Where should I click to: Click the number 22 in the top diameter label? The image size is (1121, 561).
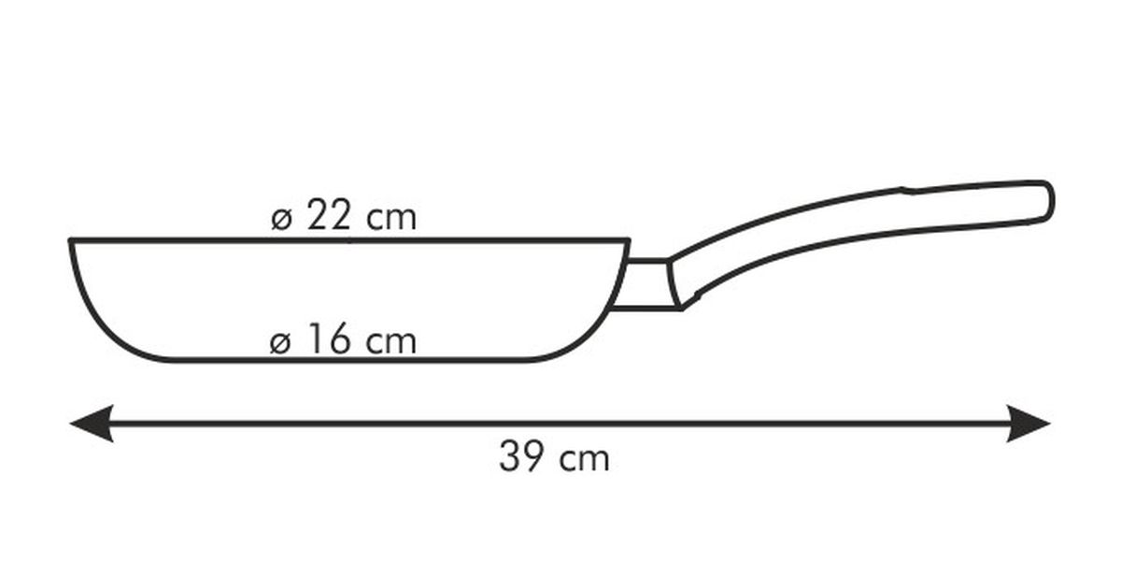click(x=328, y=215)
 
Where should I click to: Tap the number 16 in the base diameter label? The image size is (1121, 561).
click(x=329, y=339)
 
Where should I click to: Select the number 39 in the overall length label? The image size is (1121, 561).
click(x=521, y=456)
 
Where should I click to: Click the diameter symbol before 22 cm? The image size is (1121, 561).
click(x=281, y=220)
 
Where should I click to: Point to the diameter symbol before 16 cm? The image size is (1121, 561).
click(x=280, y=343)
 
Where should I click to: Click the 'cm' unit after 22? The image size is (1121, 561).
click(x=390, y=219)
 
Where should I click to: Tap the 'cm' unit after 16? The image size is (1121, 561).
click(x=390, y=342)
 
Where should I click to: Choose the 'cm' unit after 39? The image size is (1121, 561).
click(x=584, y=459)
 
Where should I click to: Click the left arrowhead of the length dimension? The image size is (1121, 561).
click(x=92, y=424)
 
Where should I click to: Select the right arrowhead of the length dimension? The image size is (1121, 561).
click(x=1029, y=424)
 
